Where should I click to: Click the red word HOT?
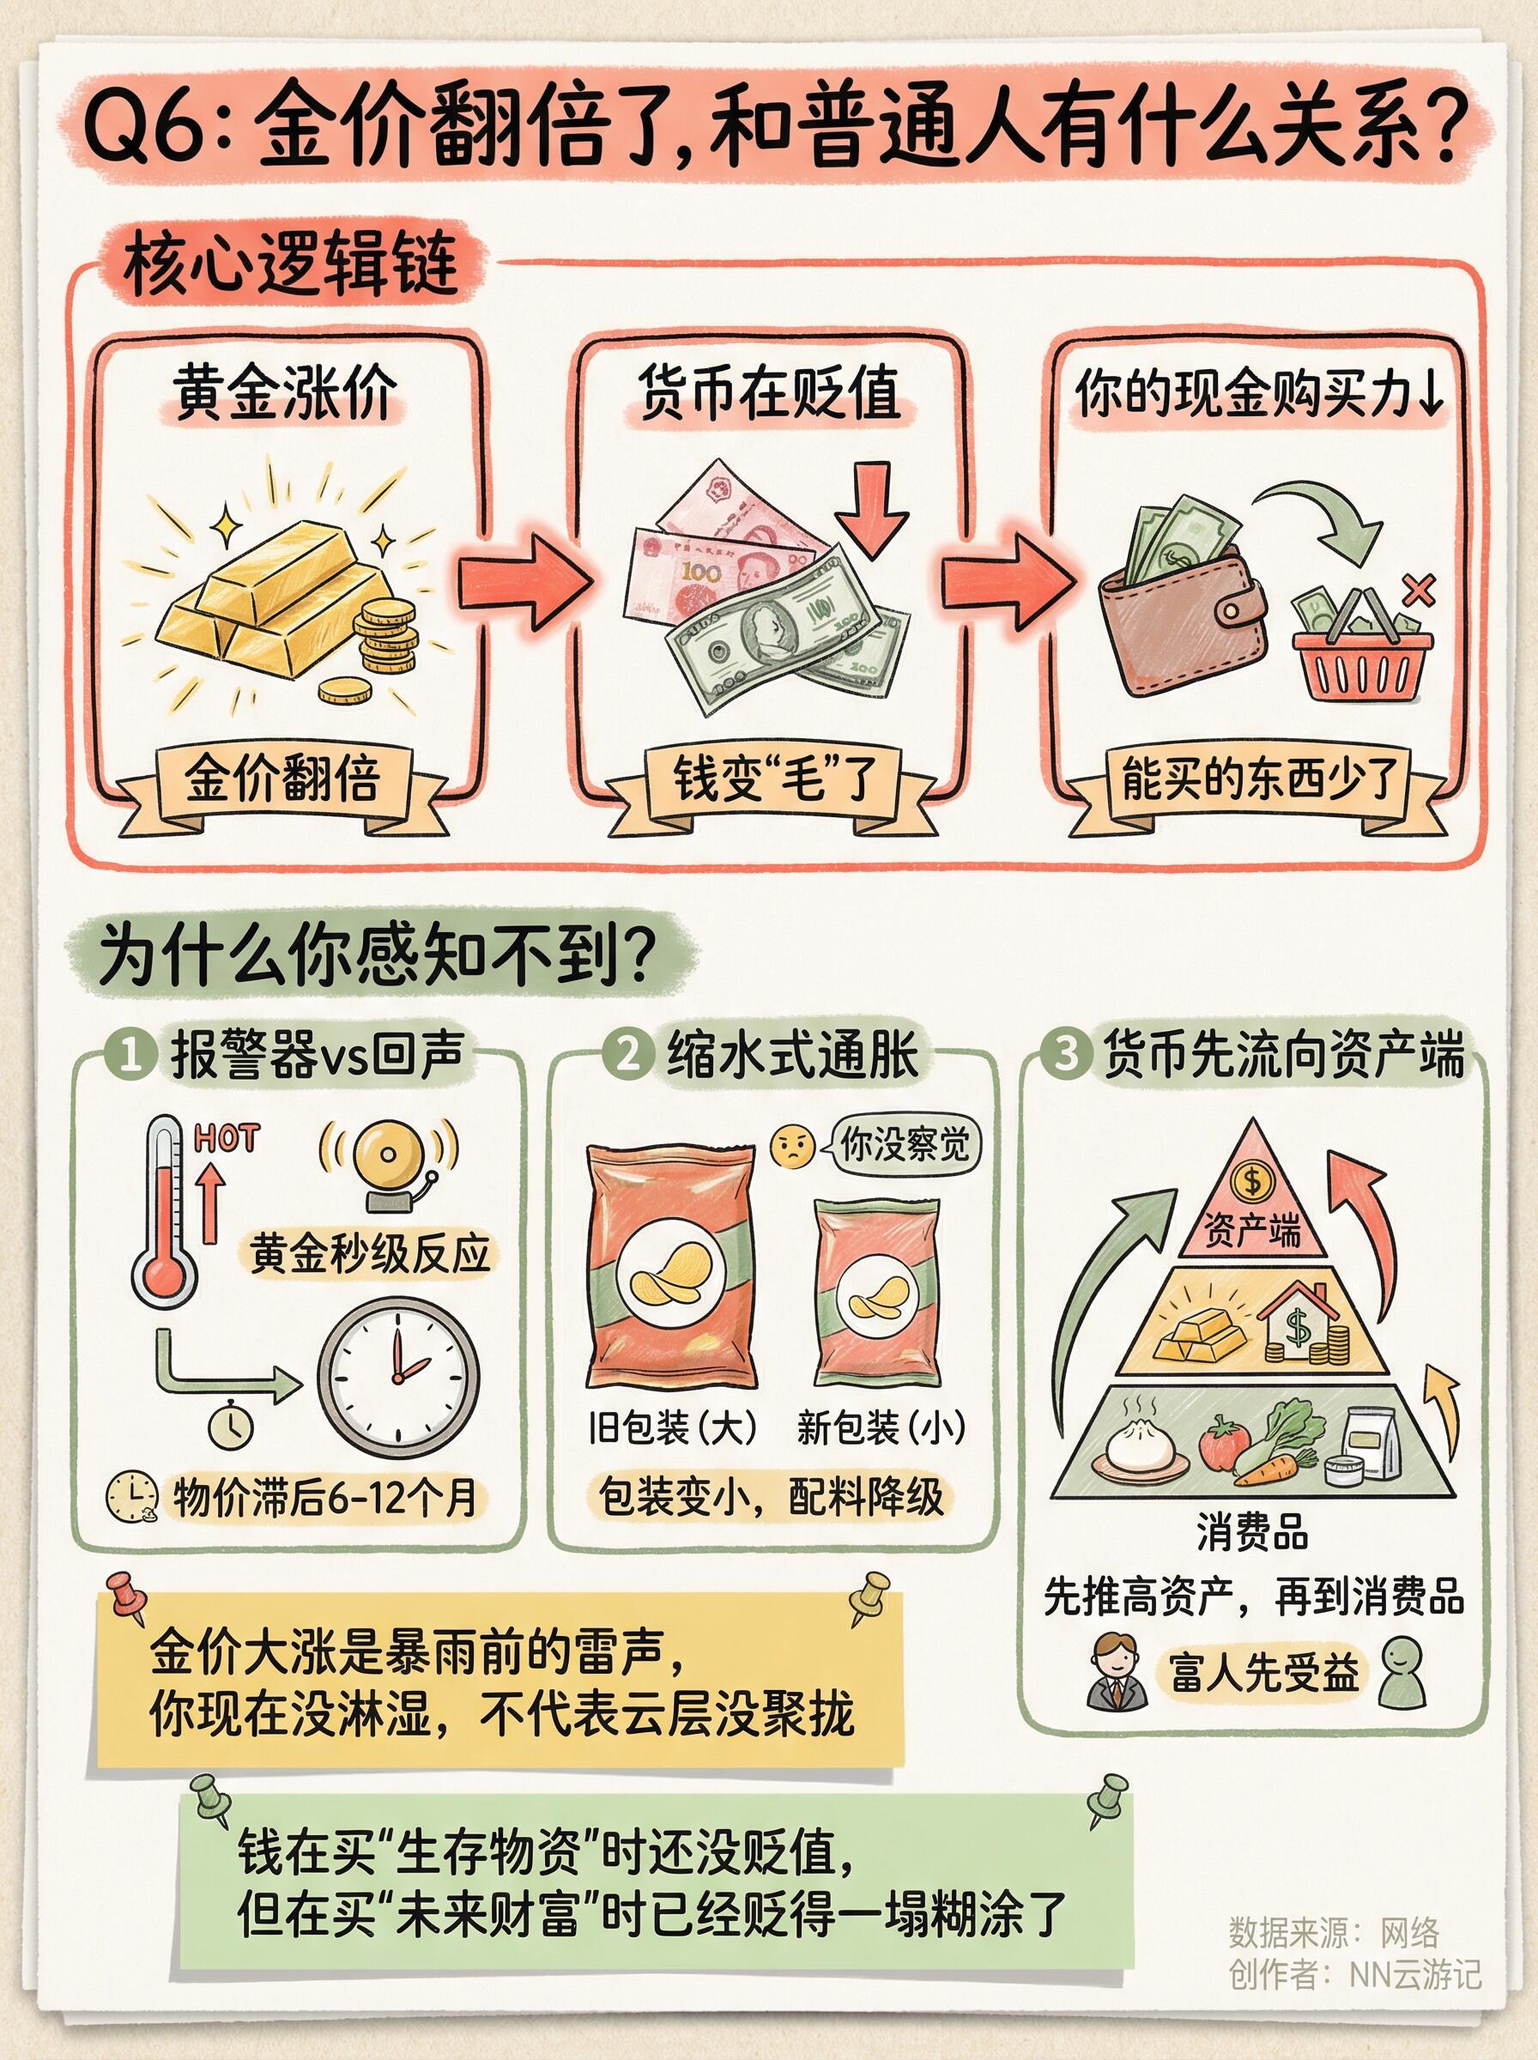227,1138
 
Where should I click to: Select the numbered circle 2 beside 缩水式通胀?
628,1054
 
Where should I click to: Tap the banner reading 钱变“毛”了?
772,779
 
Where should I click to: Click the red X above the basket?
1418,589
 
